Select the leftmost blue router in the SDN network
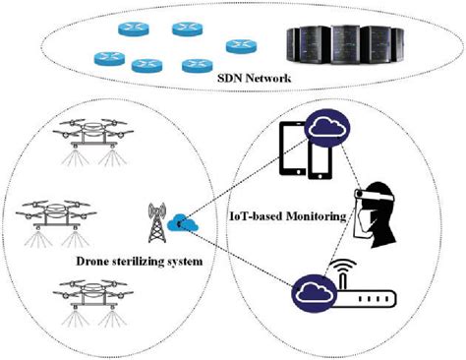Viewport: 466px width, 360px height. coord(103,57)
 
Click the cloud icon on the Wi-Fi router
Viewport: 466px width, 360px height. coord(312,290)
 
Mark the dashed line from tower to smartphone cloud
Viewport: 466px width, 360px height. coord(246,178)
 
